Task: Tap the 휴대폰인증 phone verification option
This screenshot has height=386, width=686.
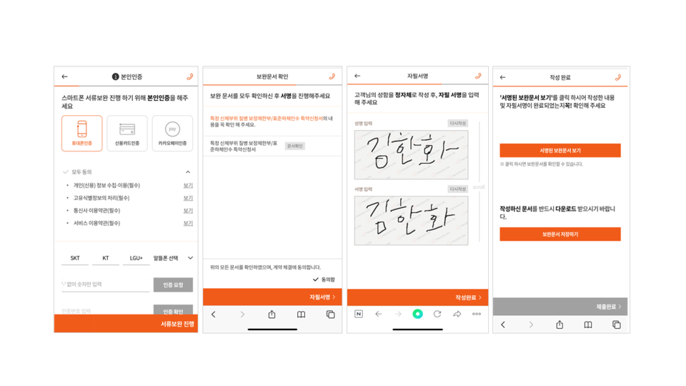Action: (x=81, y=133)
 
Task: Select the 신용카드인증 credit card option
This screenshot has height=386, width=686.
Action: (x=127, y=133)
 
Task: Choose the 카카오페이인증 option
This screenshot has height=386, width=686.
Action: (x=172, y=133)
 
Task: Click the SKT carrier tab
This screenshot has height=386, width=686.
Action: (x=75, y=258)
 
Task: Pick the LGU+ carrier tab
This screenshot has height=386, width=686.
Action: (x=136, y=258)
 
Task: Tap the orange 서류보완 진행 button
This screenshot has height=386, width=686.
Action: (x=126, y=324)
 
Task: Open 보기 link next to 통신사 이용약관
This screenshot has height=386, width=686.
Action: (x=188, y=211)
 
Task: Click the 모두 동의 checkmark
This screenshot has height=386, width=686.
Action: (x=66, y=172)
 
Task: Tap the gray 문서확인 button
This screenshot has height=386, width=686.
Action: (x=294, y=146)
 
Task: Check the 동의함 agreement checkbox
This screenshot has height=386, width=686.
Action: (x=316, y=279)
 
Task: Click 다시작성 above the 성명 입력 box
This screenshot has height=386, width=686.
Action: (x=457, y=124)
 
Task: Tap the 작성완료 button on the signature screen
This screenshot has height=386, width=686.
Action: (x=417, y=297)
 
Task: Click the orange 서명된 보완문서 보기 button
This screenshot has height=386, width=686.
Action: (x=560, y=151)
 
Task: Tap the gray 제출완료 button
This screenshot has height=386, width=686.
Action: (x=560, y=307)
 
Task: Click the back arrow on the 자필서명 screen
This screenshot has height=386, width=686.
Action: (x=357, y=76)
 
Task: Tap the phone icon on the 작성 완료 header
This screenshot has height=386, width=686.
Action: (x=618, y=77)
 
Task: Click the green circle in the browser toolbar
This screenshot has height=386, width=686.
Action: (x=417, y=314)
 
